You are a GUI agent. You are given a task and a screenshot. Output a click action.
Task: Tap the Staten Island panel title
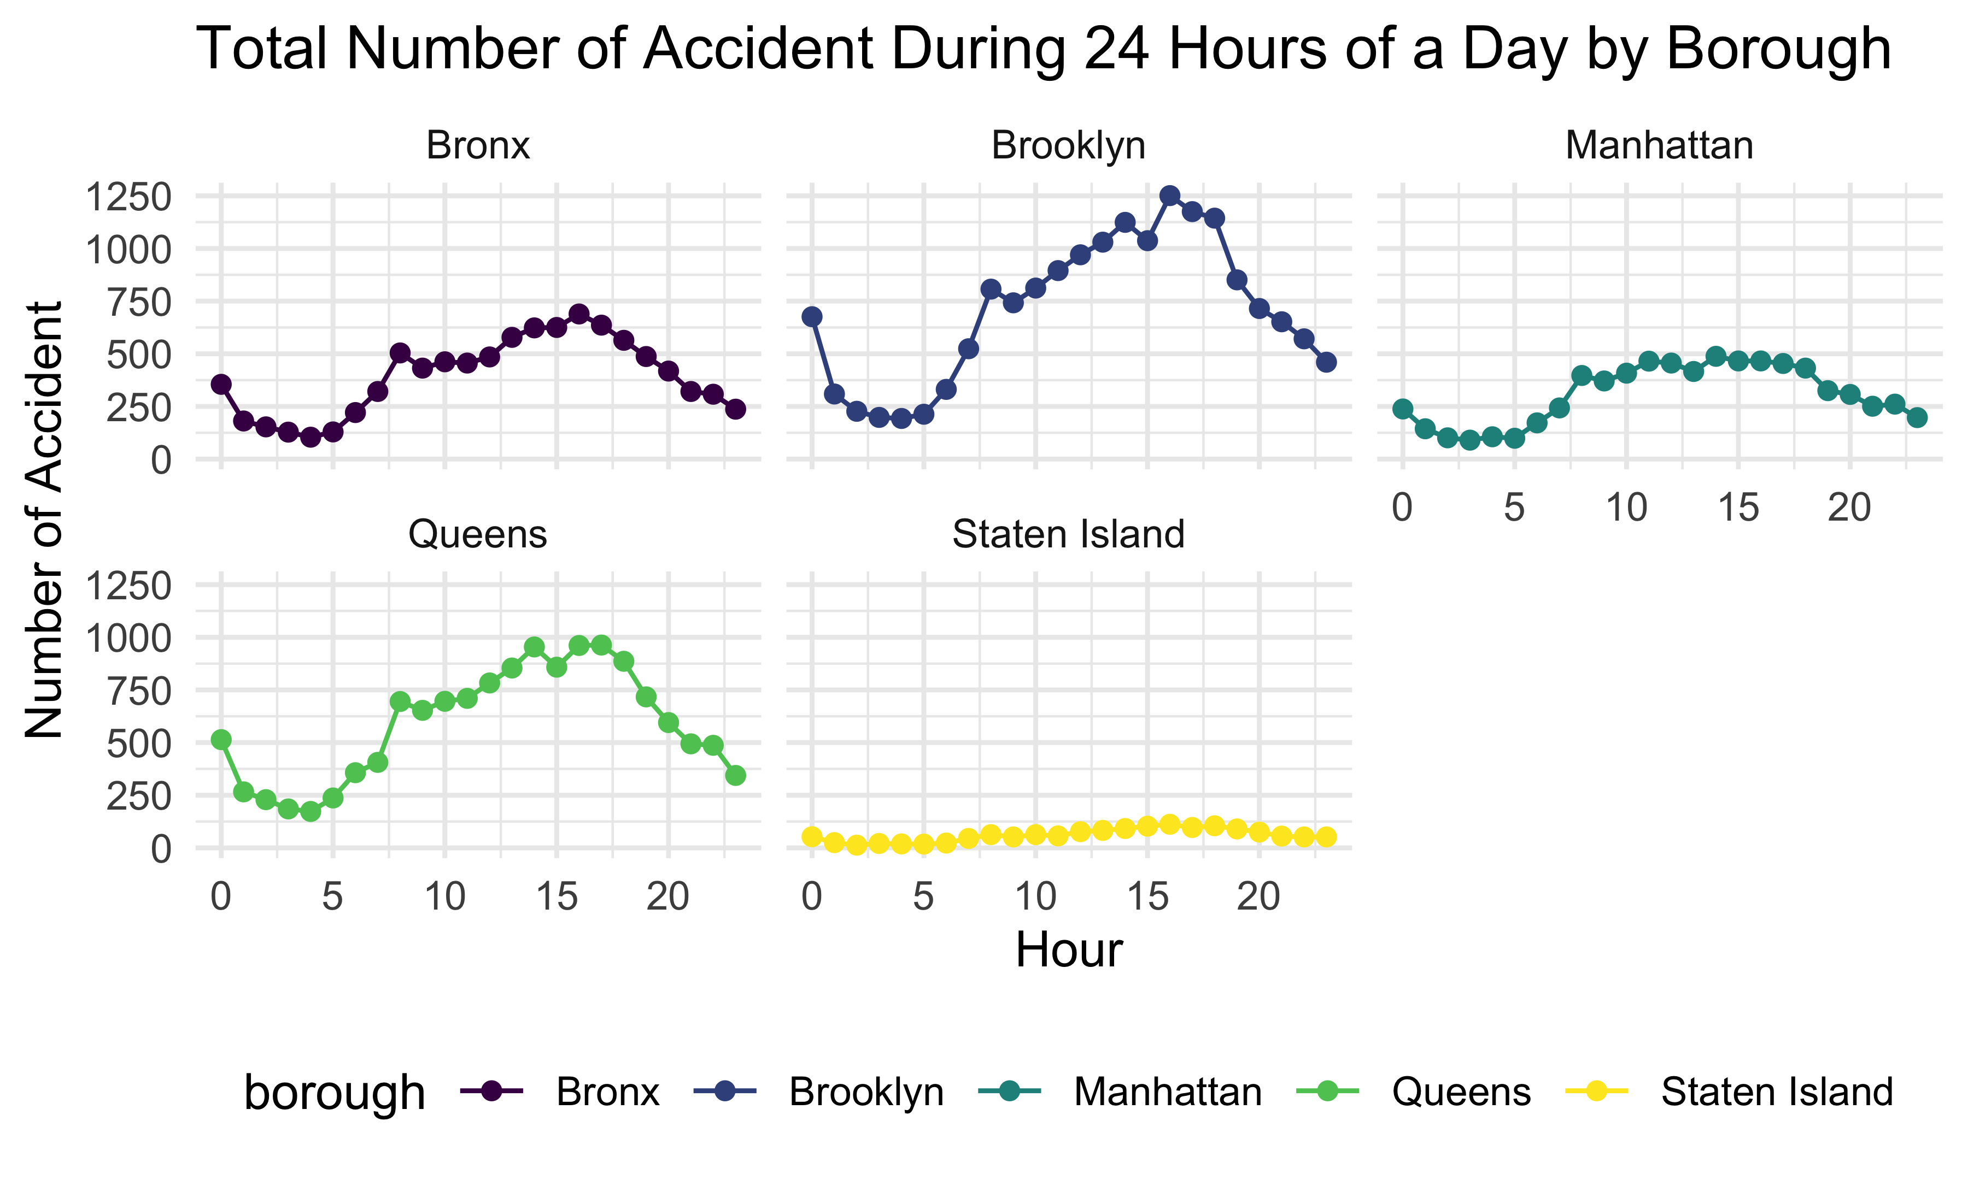point(1068,534)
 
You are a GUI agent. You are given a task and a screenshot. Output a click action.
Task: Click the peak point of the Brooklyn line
point(1169,196)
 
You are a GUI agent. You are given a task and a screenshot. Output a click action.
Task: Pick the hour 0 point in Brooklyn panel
point(812,316)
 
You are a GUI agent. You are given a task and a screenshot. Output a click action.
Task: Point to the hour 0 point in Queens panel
point(221,740)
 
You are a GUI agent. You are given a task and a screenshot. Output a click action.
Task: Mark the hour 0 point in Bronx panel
point(221,384)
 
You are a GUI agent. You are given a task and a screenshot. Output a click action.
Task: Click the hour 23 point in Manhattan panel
point(1917,417)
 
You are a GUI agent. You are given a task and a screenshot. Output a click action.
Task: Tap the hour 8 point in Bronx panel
point(400,352)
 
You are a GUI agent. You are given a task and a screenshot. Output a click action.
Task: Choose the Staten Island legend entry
point(1776,1091)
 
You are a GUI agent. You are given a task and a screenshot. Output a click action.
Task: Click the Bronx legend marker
point(491,1091)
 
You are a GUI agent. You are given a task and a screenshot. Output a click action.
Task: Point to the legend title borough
point(335,1093)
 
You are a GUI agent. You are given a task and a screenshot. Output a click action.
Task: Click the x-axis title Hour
point(1068,949)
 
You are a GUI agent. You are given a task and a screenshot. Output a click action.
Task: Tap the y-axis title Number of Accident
point(44,521)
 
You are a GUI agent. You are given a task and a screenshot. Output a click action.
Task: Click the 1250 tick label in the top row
point(128,197)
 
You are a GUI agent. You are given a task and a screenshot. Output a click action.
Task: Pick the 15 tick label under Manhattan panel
point(1737,508)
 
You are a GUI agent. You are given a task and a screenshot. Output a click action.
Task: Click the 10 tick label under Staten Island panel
point(1035,897)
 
